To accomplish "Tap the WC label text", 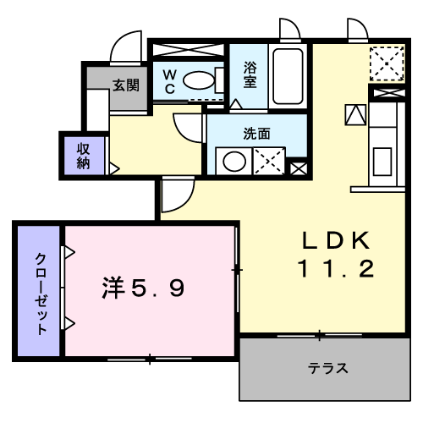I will (169, 81).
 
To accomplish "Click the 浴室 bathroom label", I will (250, 74).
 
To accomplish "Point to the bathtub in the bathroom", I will (288, 76).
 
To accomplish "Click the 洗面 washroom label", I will (256, 133).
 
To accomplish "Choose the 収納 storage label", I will (84, 156).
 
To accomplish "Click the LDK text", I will (334, 241).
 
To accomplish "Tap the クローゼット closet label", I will (40, 293).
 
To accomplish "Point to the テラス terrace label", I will (328, 369).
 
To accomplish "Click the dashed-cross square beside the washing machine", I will (270, 161).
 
